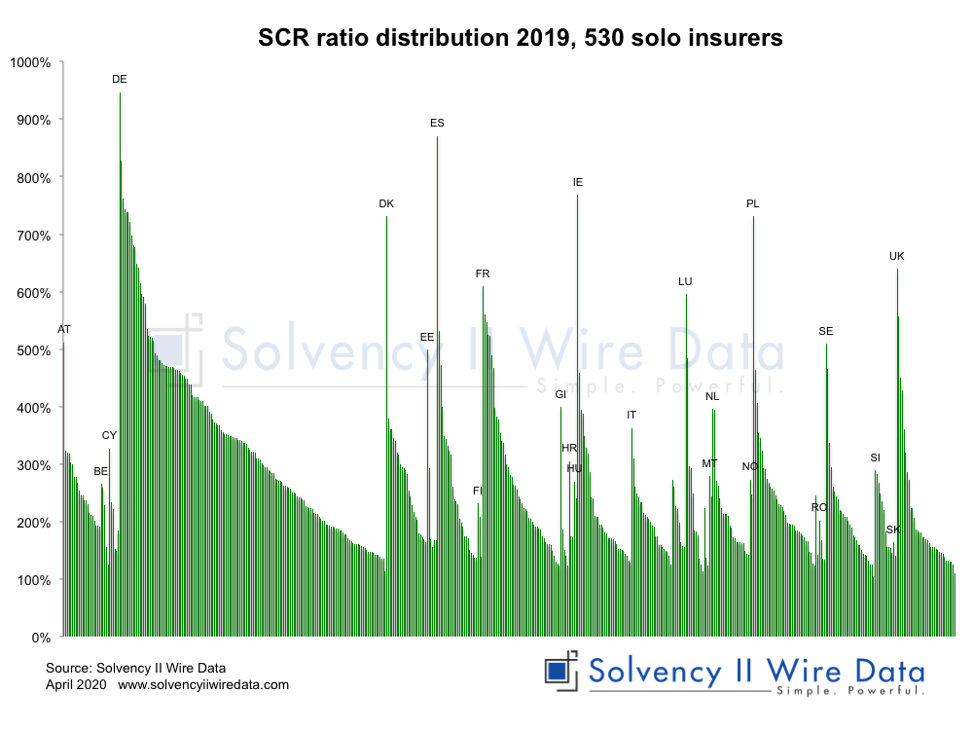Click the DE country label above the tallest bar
click(x=120, y=79)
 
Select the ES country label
click(x=437, y=123)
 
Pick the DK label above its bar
click(x=386, y=203)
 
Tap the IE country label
click(x=578, y=182)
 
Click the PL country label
click(x=753, y=203)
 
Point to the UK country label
click(x=897, y=256)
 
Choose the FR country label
click(x=483, y=274)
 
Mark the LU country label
click(x=685, y=281)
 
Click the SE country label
click(x=826, y=331)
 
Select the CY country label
click(x=109, y=435)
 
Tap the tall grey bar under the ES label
click(x=437, y=389)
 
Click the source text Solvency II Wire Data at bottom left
click(x=135, y=669)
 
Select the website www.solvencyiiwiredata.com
click(x=203, y=684)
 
